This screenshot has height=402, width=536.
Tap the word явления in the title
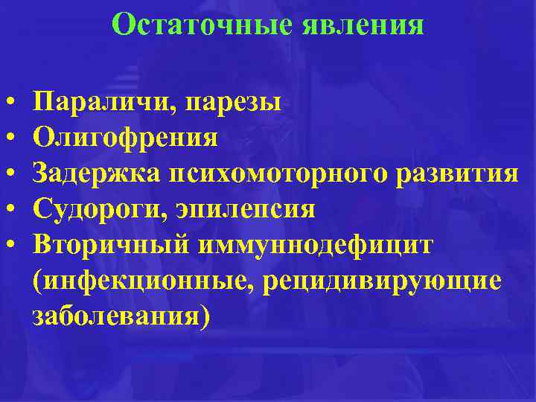pyautogui.click(x=363, y=25)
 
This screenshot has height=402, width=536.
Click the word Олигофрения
pyautogui.click(x=126, y=138)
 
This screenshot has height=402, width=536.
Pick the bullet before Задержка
pyautogui.click(x=13, y=174)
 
